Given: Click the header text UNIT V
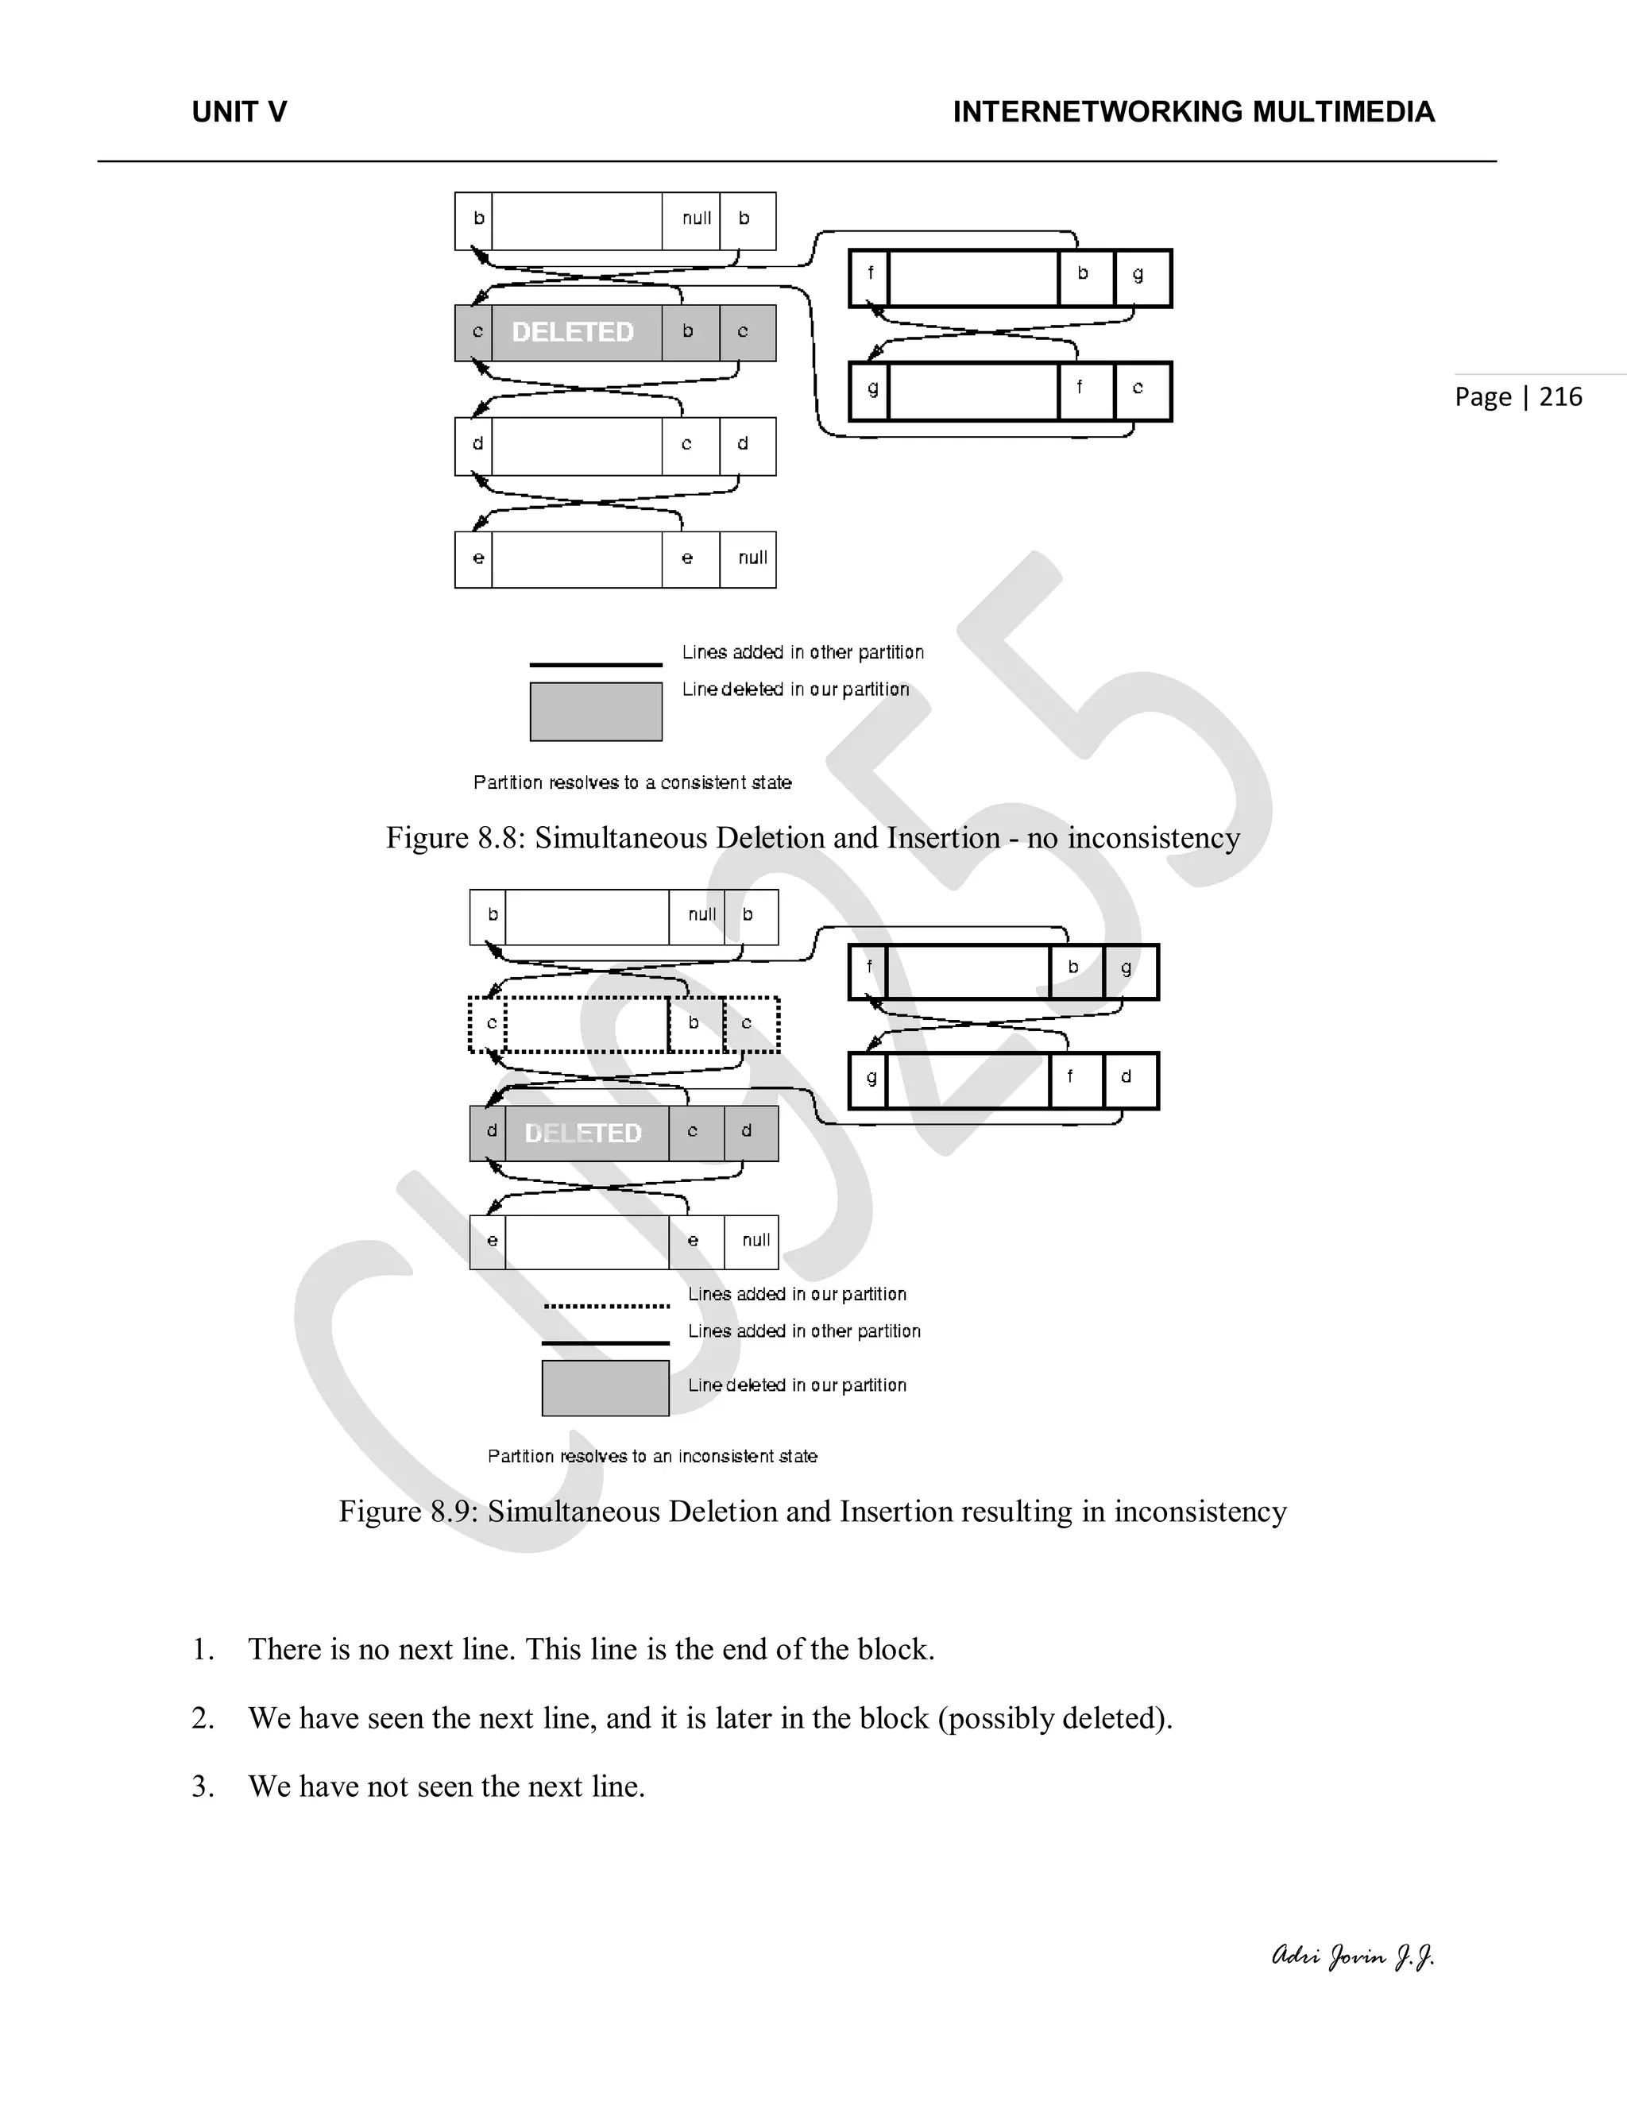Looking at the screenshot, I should [239, 113].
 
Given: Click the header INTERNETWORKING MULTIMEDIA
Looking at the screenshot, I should [1193, 113].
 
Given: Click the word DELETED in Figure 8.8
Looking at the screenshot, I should [573, 333].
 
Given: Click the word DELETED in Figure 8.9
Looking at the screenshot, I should [583, 1134].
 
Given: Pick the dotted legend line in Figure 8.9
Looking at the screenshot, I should [606, 1307].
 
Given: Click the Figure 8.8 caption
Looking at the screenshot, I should [813, 837].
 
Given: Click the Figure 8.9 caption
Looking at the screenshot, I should [813, 1512].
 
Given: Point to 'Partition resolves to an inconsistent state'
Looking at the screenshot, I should [651, 1455].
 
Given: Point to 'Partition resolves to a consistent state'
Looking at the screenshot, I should [632, 782].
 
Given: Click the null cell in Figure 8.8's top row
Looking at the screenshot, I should [696, 218].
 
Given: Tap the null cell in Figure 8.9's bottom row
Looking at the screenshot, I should [756, 1241].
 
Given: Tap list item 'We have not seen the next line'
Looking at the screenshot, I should [446, 1786].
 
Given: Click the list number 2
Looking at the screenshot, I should [203, 1717].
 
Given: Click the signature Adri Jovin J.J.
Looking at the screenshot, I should [1352, 1956].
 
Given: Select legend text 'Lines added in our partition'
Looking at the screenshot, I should [797, 1295].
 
